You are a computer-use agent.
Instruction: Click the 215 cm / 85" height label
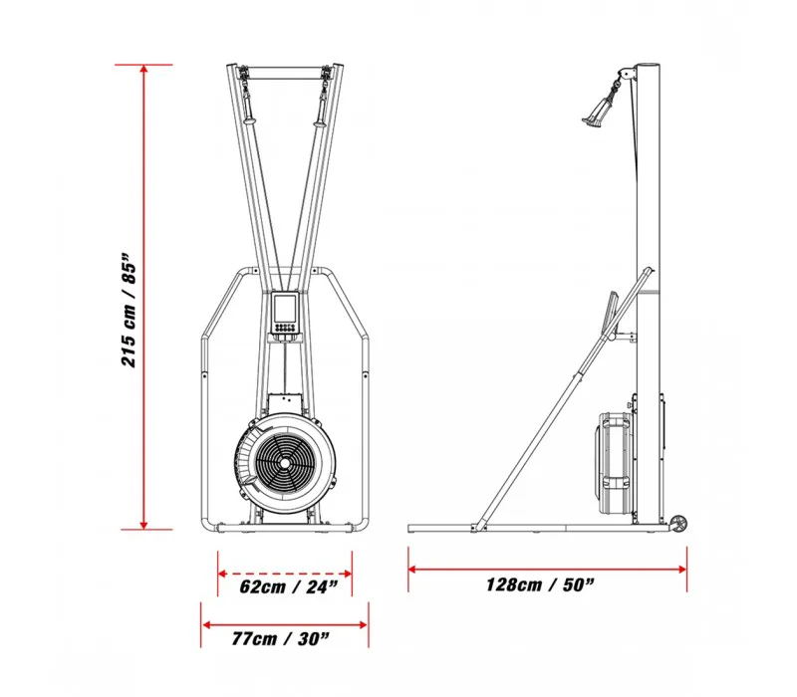point(130,309)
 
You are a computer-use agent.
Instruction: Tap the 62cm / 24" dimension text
point(288,586)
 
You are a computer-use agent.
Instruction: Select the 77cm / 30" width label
point(281,638)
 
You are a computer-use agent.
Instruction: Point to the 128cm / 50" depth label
point(540,584)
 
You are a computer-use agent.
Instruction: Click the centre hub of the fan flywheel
point(285,463)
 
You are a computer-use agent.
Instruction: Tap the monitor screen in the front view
point(284,308)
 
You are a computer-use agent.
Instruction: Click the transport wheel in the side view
point(679,524)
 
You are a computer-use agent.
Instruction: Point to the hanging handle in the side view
point(601,109)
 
